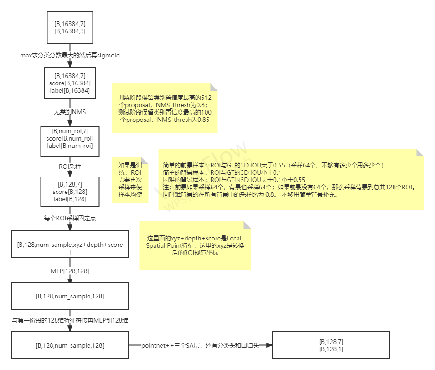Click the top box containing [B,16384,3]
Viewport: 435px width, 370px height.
(x=70, y=27)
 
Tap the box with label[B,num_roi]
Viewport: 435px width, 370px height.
(x=70, y=139)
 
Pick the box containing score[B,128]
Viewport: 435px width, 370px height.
(x=70, y=192)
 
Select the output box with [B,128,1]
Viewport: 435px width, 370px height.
(x=331, y=345)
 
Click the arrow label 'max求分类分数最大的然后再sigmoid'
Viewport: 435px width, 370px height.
(x=70, y=55)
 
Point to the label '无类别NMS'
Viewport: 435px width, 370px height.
(x=70, y=112)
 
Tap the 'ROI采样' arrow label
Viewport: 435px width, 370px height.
(x=70, y=167)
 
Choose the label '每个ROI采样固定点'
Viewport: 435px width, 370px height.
(x=70, y=218)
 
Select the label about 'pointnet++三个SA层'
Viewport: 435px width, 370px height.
(x=200, y=345)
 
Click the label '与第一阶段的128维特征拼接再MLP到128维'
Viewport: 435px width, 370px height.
(x=70, y=321)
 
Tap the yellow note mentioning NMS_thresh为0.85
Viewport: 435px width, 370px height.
(x=165, y=109)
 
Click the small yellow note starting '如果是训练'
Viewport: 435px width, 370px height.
(x=130, y=180)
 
